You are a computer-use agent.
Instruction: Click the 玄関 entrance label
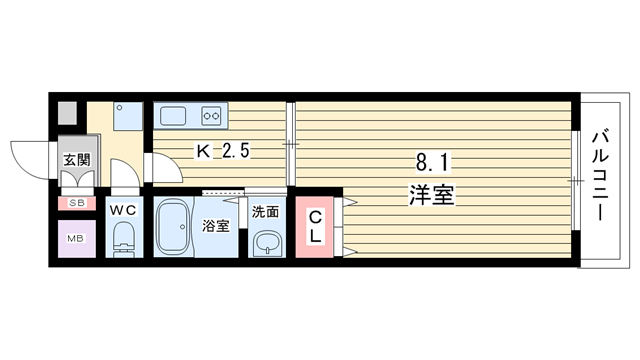pos(76,160)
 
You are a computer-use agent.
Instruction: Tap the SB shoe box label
pos(76,203)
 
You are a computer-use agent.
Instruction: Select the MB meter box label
pos(76,239)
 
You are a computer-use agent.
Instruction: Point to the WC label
pos(123,211)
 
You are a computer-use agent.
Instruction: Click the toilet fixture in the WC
pos(123,240)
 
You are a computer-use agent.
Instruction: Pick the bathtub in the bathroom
pos(173,227)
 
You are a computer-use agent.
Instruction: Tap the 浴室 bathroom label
pos(216,226)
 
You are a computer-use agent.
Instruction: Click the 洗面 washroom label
pos(265,212)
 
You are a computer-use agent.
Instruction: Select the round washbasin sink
pos(267,244)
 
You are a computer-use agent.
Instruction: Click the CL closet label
pos(315,227)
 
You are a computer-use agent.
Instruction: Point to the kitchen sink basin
pos(173,116)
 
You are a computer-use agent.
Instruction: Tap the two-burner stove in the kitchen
pos(211,116)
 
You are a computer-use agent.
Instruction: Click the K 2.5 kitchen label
pos(223,152)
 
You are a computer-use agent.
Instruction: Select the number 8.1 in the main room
pos(433,163)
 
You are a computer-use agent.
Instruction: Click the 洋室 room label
pos(432,195)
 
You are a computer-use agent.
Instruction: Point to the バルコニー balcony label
pos(600,176)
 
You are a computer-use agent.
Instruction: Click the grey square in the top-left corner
pos(67,113)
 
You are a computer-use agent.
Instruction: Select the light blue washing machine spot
pos(128,116)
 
